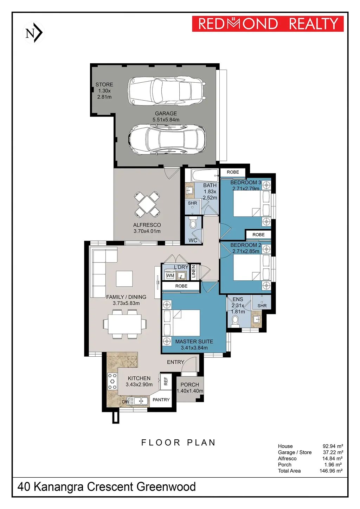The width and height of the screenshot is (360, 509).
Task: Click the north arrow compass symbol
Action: pyautogui.click(x=34, y=33)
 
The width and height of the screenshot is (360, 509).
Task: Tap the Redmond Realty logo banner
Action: pyautogui.click(x=268, y=24)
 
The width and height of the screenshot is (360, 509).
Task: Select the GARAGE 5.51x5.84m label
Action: pyautogui.click(x=166, y=116)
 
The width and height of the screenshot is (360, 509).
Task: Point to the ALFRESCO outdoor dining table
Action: pyautogui.click(x=147, y=203)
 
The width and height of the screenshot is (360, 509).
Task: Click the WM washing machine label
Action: pyautogui.click(x=170, y=276)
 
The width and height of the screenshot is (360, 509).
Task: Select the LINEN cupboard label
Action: pyautogui.click(x=193, y=272)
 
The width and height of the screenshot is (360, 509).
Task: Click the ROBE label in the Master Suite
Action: pyautogui.click(x=181, y=286)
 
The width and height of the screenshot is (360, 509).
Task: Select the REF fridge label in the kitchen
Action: pyautogui.click(x=166, y=381)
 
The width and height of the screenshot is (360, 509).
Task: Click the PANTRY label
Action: pyautogui.click(x=161, y=400)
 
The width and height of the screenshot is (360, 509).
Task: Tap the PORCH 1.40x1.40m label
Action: pyautogui.click(x=190, y=388)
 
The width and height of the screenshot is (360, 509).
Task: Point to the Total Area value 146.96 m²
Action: pyautogui.click(x=331, y=471)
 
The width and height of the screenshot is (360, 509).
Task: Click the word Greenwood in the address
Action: pyautogui.click(x=166, y=487)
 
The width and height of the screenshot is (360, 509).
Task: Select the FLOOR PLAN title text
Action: pyautogui.click(x=178, y=443)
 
